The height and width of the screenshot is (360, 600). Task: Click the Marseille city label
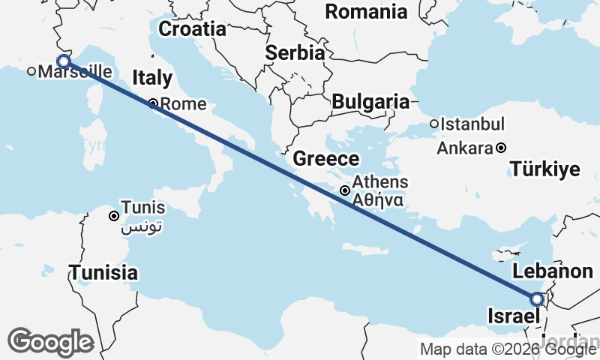[74, 72]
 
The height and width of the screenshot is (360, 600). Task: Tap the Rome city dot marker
[153, 104]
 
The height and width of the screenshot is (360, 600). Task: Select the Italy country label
[152, 78]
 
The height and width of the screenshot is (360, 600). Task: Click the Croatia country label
[193, 29]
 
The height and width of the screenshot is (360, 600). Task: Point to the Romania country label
[367, 12]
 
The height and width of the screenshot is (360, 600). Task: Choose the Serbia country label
[295, 53]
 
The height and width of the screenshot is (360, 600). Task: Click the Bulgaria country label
[370, 102]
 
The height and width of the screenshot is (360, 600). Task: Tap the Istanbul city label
[472, 124]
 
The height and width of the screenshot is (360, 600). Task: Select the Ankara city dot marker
[501, 148]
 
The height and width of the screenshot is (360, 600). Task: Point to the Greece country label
[325, 159]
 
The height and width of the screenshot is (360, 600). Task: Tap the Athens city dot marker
[344, 190]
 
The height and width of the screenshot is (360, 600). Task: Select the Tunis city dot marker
[114, 216]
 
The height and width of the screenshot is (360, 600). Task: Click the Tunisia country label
[103, 272]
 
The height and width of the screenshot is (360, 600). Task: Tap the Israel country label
[514, 315]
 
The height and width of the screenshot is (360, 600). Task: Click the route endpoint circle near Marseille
[64, 61]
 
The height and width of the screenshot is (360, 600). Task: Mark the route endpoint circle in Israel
[537, 299]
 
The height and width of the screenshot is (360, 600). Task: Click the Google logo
[50, 342]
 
